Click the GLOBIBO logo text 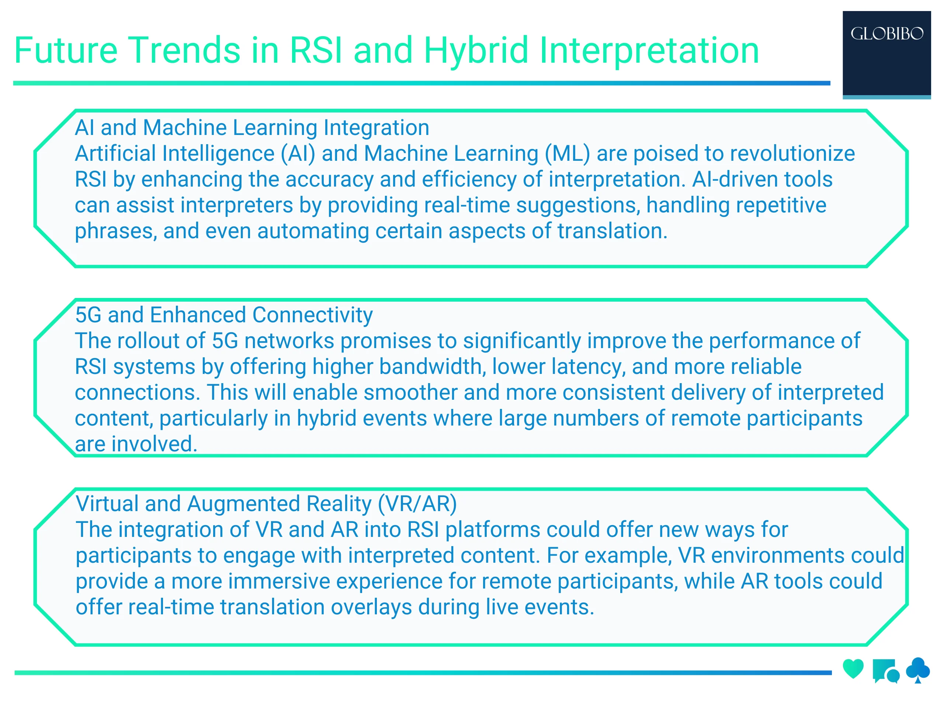tap(886, 34)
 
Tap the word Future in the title tap(66, 51)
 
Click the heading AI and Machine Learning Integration tap(252, 128)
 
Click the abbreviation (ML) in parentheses tap(568, 154)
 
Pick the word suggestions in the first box tap(578, 206)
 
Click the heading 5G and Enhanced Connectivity tap(224, 315)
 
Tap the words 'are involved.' tap(136, 444)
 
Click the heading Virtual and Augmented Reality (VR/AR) tap(266, 504)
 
